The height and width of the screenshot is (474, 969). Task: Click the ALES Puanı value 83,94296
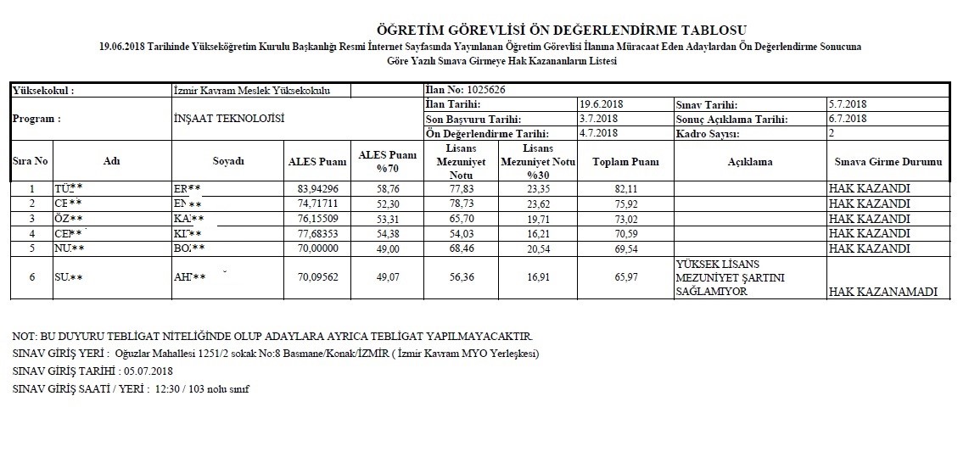coord(318,189)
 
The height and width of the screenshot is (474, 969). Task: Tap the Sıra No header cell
coord(31,161)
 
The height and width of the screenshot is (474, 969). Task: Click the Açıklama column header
coord(749,162)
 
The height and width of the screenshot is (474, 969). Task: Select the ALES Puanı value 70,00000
coord(318,249)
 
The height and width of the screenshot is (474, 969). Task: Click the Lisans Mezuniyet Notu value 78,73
coord(461,204)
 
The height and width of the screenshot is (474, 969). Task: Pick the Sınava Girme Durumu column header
coord(888,162)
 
